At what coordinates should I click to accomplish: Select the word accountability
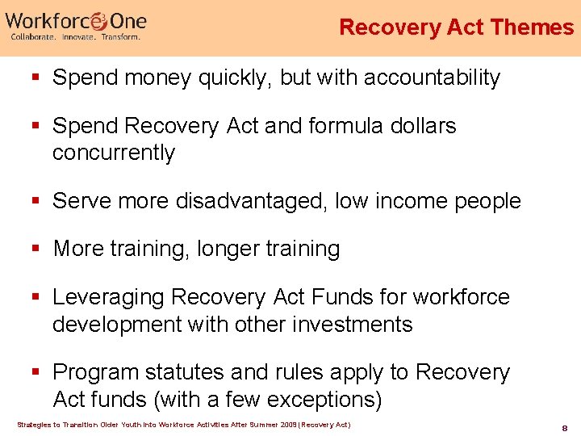pyautogui.click(x=432, y=78)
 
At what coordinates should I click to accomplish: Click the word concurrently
pyautogui.click(x=114, y=153)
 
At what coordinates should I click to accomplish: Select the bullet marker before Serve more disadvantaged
pyautogui.click(x=36, y=201)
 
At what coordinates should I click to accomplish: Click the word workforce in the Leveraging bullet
pyautogui.click(x=462, y=298)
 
